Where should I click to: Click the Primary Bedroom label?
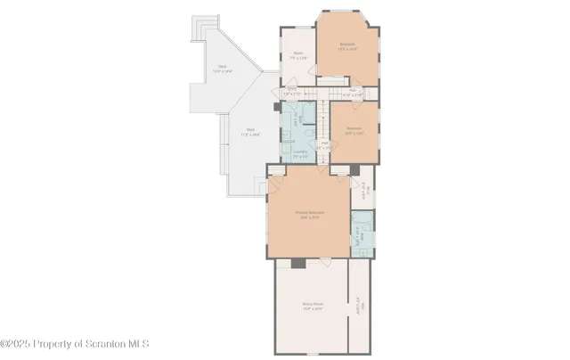[x=309, y=214]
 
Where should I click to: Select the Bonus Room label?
[x=311, y=306]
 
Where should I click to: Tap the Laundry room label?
[x=299, y=153]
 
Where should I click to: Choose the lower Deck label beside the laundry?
[x=253, y=133]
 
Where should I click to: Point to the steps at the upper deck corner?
[x=206, y=21]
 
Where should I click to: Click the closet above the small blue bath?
[x=363, y=192]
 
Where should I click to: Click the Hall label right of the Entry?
[x=352, y=91]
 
